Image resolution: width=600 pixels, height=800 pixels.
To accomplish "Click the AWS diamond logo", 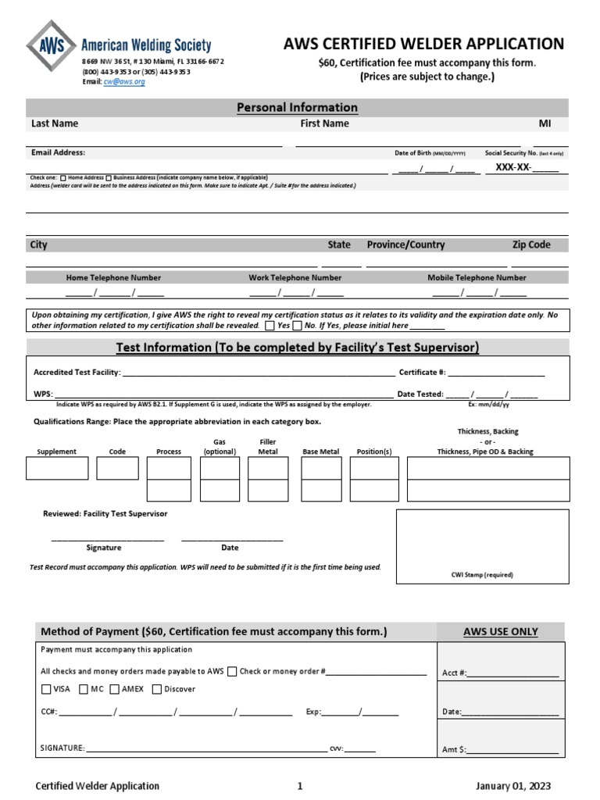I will click(x=52, y=47).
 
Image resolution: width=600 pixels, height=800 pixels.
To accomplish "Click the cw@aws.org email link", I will click(x=124, y=81).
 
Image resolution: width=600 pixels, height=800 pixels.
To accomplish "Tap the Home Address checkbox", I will click(x=63, y=177).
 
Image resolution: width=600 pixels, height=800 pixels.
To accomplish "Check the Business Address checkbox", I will click(x=109, y=177).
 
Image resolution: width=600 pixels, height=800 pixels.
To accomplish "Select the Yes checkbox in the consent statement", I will click(x=270, y=325).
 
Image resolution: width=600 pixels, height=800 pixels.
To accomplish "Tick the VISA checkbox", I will click(x=46, y=689).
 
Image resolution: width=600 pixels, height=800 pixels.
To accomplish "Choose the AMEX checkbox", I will click(x=115, y=689).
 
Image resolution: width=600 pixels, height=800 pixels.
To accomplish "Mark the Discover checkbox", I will click(x=157, y=689).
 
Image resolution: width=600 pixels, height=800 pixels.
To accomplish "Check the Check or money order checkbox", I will click(x=232, y=671).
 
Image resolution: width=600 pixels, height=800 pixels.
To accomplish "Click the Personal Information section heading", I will click(x=297, y=107).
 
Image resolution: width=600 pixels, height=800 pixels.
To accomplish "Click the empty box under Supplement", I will click(x=57, y=468).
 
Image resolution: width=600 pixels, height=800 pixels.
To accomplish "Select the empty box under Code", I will click(x=117, y=468).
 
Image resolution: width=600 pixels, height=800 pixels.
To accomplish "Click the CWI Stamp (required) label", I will click(x=482, y=574).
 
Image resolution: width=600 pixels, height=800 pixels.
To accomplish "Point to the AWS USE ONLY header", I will click(x=500, y=632).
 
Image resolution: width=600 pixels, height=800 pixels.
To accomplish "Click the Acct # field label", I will click(x=454, y=673).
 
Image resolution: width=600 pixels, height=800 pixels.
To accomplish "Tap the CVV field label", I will click(x=337, y=748).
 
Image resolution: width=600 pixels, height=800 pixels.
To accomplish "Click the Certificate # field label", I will click(x=422, y=373).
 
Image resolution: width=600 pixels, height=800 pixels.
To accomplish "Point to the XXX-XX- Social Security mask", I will click(x=509, y=167).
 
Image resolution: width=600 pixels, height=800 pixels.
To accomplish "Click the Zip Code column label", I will click(x=531, y=245).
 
